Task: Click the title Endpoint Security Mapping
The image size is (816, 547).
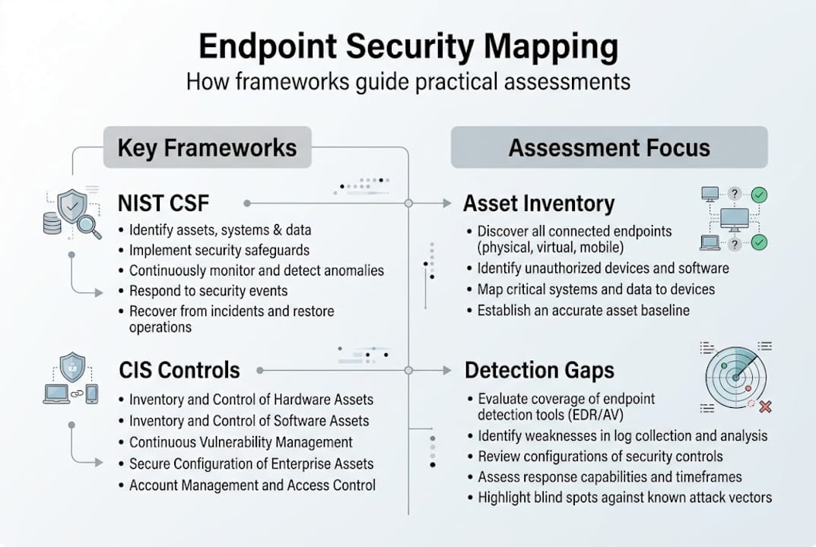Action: click(x=408, y=47)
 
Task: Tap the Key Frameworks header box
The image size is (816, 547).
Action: click(x=207, y=147)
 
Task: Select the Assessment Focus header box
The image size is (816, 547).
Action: click(x=609, y=147)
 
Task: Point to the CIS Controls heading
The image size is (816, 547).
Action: click(x=179, y=370)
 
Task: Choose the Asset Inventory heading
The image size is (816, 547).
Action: click(x=538, y=204)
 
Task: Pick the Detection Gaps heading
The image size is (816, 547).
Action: click(x=539, y=371)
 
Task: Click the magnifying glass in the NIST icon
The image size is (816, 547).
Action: click(x=88, y=226)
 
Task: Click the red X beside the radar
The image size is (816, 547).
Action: click(x=765, y=406)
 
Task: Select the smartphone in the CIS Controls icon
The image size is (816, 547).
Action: click(x=91, y=394)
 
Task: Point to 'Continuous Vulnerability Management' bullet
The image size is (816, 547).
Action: click(x=240, y=442)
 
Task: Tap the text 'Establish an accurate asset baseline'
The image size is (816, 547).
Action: click(x=583, y=310)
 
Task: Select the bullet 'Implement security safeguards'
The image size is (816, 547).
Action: click(x=219, y=249)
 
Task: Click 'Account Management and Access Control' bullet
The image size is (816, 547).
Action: click(x=252, y=485)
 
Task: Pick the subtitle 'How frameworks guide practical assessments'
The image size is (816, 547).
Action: click(x=408, y=82)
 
